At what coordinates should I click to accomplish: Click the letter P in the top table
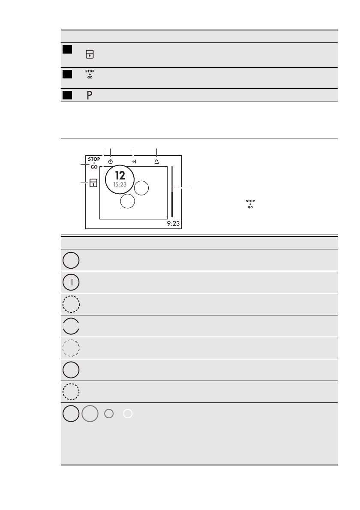(90, 96)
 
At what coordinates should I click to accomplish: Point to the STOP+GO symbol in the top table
(90, 74)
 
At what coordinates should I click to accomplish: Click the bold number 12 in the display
(120, 176)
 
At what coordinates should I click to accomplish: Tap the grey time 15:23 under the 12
(120, 185)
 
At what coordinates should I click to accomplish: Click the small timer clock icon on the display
(111, 162)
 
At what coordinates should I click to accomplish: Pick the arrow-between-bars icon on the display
(133, 162)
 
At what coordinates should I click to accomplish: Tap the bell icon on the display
(156, 162)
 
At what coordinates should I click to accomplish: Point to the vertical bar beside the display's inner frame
(172, 192)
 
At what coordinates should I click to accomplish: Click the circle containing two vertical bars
(71, 282)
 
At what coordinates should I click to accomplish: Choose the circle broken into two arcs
(71, 326)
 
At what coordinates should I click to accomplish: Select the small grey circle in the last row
(109, 414)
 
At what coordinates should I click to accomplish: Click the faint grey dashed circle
(71, 348)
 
